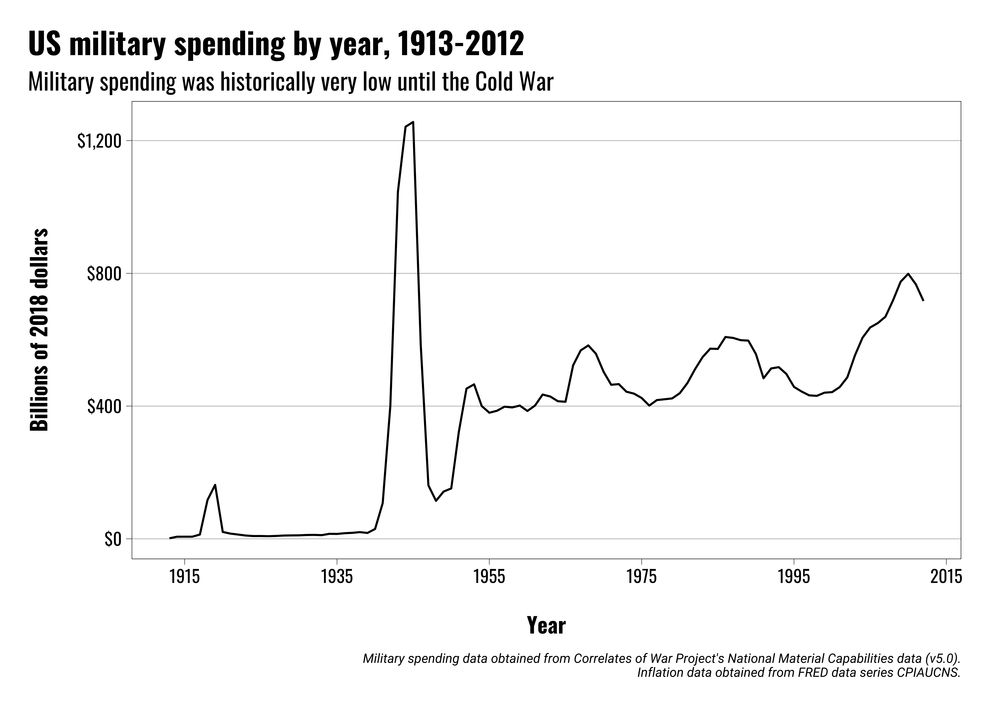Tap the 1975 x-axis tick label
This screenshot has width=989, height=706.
(642, 577)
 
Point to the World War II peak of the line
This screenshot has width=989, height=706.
(413, 122)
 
